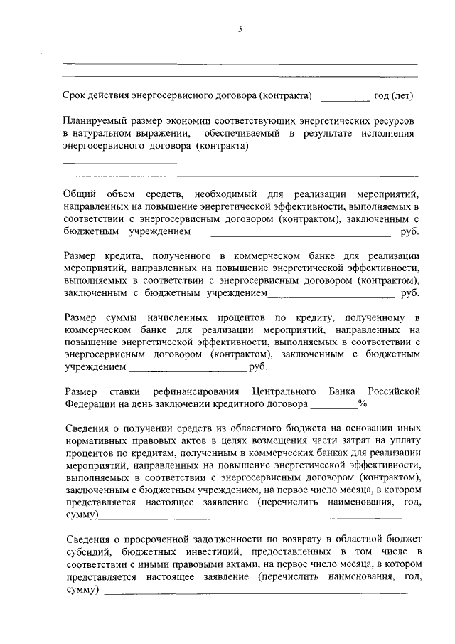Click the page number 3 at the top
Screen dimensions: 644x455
240,29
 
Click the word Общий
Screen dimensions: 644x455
79,194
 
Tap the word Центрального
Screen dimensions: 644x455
284,391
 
